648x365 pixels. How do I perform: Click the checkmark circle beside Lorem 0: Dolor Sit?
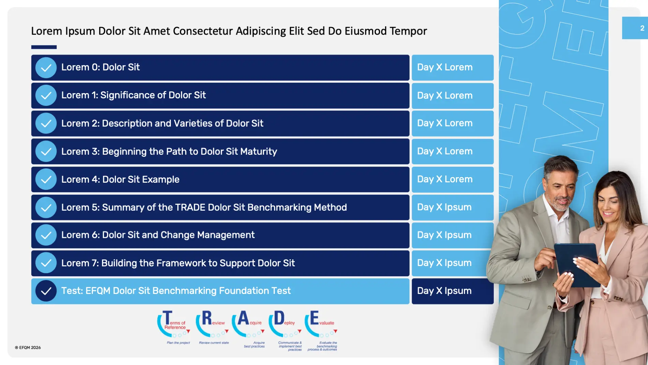click(46, 68)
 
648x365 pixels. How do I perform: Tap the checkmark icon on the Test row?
click(46, 291)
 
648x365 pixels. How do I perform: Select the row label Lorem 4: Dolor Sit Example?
click(120, 179)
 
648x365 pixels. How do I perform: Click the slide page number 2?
click(642, 28)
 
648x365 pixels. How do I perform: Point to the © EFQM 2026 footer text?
click(28, 348)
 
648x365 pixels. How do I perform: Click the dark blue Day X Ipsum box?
click(453, 291)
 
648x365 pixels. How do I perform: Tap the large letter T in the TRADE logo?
click(167, 318)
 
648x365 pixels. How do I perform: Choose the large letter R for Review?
click(207, 318)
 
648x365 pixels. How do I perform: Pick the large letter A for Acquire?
click(243, 318)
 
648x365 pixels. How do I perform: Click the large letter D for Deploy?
click(279, 318)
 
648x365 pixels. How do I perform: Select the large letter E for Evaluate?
click(314, 318)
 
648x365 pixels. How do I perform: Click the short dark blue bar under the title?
click(44, 47)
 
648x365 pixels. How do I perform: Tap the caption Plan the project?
click(178, 342)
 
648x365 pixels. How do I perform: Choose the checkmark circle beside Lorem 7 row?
click(46, 263)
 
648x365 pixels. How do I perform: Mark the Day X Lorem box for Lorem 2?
click(453, 124)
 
